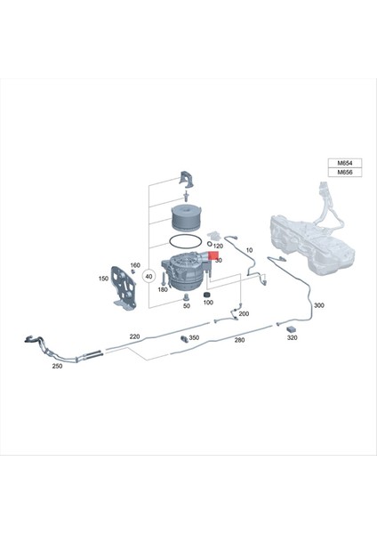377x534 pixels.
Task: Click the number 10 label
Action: [249, 250]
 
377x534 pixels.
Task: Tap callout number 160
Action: [135, 266]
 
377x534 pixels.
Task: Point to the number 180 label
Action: [163, 290]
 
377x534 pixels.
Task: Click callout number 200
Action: [244, 314]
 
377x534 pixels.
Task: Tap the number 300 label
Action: [319, 305]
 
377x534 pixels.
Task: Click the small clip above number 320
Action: [291, 328]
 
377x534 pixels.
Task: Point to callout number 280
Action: [239, 340]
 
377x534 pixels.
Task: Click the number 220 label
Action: [134, 336]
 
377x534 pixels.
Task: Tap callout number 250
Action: [58, 366]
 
